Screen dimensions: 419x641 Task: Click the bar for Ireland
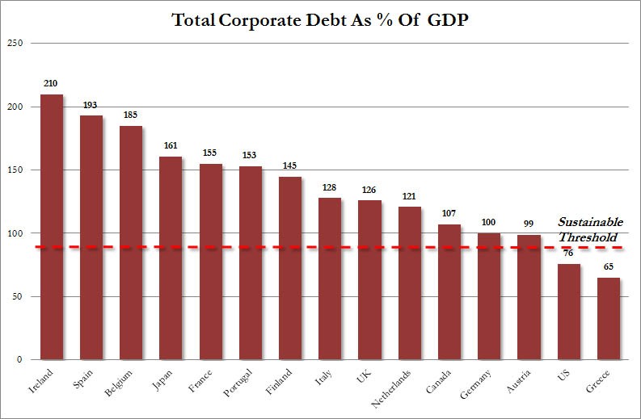(51, 226)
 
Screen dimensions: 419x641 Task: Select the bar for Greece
(608, 318)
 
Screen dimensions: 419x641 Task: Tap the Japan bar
(171, 258)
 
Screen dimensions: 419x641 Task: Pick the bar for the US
(568, 311)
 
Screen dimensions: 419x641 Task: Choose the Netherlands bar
(409, 283)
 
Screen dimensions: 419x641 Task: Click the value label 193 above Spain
(91, 105)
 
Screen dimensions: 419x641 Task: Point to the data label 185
(130, 115)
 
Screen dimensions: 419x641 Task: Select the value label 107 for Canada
(449, 214)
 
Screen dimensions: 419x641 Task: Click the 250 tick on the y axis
(15, 44)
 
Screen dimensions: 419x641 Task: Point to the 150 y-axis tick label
(15, 170)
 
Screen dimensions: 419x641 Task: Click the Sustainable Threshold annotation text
(589, 229)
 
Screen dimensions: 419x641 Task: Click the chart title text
(320, 20)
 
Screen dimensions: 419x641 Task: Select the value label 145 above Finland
(289, 166)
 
